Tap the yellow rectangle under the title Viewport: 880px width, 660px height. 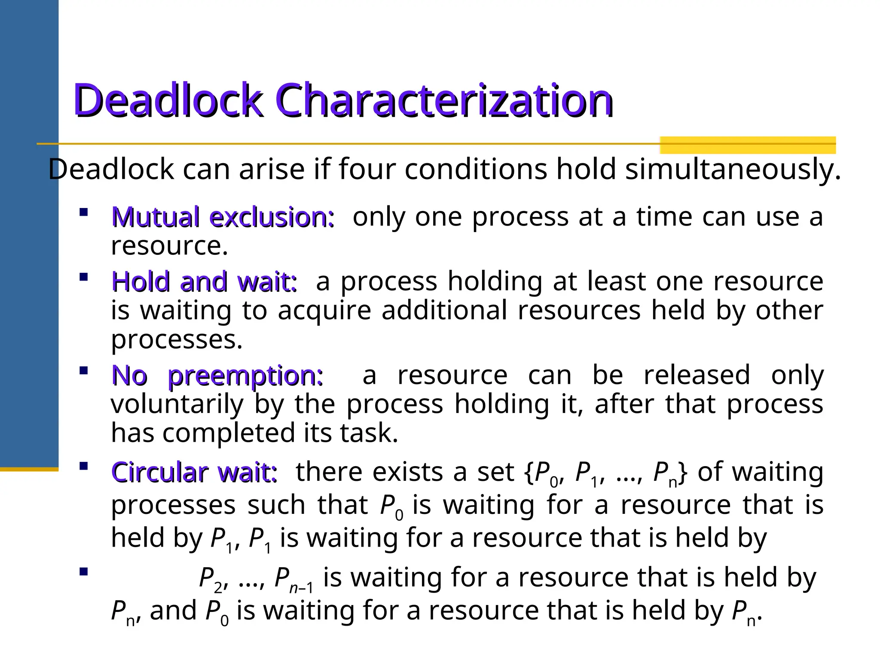(747, 145)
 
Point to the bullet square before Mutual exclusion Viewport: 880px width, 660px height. (84, 212)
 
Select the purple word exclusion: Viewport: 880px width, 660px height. (272, 217)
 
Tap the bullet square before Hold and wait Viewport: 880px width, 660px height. (84, 277)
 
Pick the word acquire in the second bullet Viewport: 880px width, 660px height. (324, 310)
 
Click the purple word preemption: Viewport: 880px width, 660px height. (245, 376)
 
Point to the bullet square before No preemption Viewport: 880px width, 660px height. (84, 370)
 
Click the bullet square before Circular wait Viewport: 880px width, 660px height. (84, 466)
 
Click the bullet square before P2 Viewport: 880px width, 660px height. (84, 571)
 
